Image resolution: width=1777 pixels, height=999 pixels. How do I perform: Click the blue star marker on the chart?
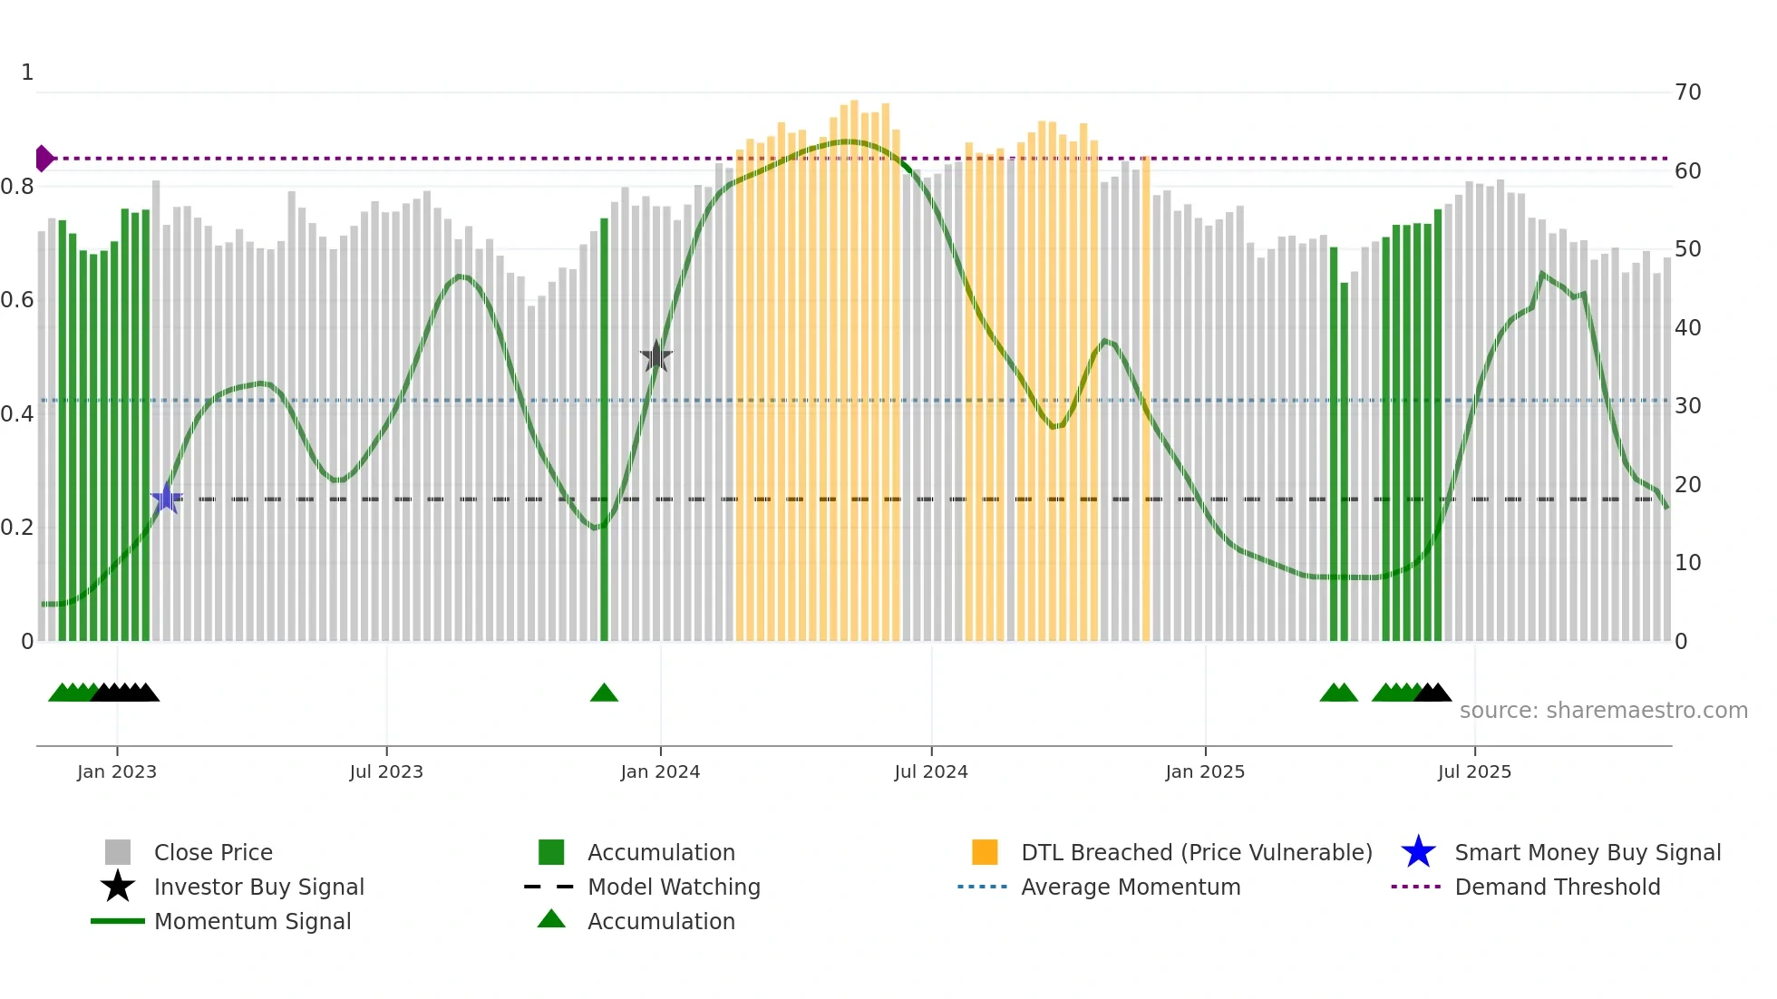click(167, 499)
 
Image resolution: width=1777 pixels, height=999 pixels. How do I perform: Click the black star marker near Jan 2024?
click(656, 357)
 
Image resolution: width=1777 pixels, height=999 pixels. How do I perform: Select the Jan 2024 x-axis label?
click(660, 771)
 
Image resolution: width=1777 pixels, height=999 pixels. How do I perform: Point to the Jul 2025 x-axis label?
click(1474, 771)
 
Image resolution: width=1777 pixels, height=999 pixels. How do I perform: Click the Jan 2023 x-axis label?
click(117, 771)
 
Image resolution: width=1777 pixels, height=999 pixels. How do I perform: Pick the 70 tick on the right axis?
click(1688, 92)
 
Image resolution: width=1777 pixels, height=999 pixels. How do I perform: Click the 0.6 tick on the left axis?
click(17, 300)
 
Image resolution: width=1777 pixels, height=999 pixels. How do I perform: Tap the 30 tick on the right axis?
click(1688, 406)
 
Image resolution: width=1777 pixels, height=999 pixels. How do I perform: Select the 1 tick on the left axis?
click(27, 73)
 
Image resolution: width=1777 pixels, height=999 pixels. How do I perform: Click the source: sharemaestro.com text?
click(1603, 711)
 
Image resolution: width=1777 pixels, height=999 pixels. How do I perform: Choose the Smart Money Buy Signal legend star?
click(1418, 852)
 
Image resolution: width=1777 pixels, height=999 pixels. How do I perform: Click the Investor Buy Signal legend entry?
click(258, 887)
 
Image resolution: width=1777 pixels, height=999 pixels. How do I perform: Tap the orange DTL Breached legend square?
click(985, 852)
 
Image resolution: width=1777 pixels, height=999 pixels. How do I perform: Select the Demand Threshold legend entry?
click(1557, 887)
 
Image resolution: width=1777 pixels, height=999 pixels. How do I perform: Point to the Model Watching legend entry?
click(673, 887)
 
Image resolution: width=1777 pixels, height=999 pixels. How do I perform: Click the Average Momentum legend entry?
click(1130, 887)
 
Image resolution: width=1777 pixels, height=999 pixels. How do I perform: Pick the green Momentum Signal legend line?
click(118, 921)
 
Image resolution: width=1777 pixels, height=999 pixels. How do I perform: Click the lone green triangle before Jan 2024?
click(604, 693)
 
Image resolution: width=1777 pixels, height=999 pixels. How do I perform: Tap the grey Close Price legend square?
click(118, 852)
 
